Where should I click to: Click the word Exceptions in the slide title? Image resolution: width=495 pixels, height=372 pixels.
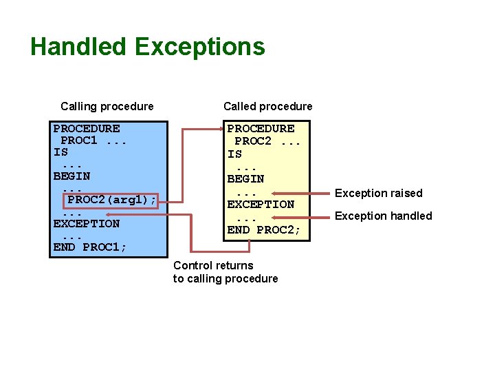[200, 47]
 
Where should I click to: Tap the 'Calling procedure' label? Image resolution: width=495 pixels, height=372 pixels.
[107, 106]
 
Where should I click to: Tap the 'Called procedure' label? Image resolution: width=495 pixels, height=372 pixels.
[267, 106]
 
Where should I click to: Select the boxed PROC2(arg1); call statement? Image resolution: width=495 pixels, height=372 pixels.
[112, 200]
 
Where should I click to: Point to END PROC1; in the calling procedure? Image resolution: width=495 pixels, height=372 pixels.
[90, 247]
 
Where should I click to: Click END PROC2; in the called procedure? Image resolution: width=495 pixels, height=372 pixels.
[264, 229]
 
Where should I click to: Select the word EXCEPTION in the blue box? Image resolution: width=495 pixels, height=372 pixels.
[86, 223]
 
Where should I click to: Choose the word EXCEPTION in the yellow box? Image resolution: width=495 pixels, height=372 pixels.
[261, 204]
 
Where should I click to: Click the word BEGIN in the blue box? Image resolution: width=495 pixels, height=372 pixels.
[71, 176]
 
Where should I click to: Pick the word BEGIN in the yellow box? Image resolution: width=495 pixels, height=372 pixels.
[245, 178]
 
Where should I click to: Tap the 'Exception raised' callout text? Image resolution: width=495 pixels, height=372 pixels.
[378, 193]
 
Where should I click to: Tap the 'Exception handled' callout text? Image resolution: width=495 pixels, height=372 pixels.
[383, 216]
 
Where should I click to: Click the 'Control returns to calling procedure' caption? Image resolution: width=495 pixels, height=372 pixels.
[225, 272]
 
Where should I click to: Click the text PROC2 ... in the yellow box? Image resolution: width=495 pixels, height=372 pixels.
[264, 141]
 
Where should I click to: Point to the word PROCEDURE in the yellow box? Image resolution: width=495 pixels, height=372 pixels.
[261, 128]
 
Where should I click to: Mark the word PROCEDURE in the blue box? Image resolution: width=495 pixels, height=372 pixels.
[86, 128]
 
